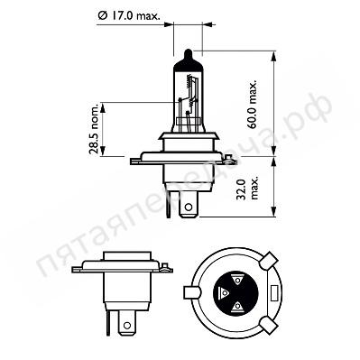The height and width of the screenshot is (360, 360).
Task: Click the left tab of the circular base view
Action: [x=189, y=293]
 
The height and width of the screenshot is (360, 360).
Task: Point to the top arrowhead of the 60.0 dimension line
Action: [x=272, y=53]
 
